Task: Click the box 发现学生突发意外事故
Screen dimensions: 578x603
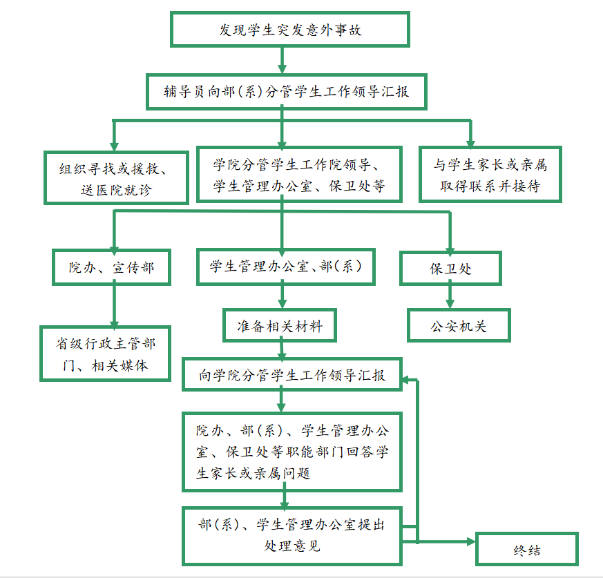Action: click(x=289, y=30)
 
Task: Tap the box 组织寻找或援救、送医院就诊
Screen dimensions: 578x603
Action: click(x=116, y=177)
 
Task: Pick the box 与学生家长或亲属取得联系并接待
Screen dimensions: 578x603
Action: click(x=490, y=174)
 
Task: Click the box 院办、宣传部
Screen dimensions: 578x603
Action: click(x=111, y=267)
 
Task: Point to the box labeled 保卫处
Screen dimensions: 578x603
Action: click(x=450, y=268)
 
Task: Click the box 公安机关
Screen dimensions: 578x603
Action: click(x=458, y=325)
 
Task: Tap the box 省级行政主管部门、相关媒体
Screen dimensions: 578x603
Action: click(x=105, y=353)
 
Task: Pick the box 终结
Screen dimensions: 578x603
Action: click(x=526, y=550)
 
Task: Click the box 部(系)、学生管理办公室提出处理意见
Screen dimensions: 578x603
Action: click(x=291, y=535)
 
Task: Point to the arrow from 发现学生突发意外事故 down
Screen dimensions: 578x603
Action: click(x=282, y=61)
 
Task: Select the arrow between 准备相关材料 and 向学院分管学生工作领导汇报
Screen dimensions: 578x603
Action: click(x=282, y=349)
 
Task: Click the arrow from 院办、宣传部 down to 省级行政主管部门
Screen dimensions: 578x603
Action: click(x=114, y=305)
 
